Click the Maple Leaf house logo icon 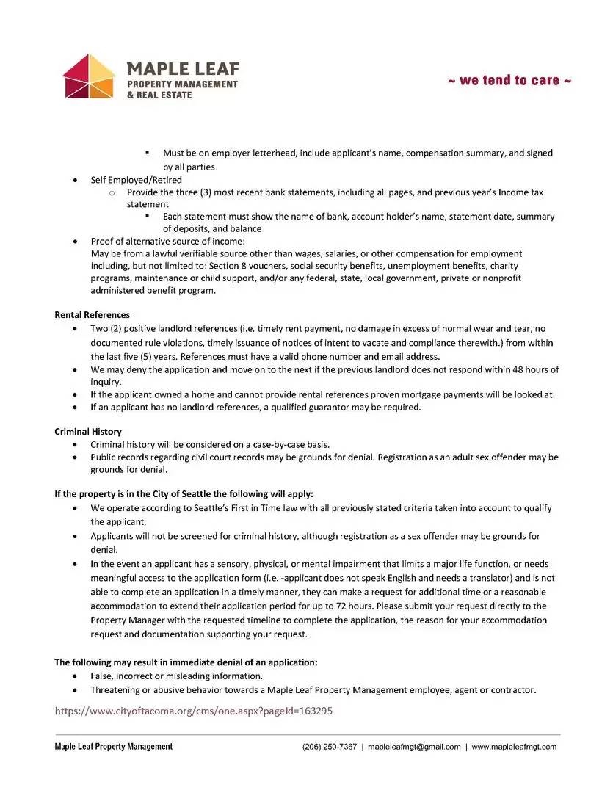(89, 76)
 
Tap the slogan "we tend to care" (509, 80)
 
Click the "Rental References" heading (92, 315)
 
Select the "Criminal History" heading (88, 432)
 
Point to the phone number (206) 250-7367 (330, 747)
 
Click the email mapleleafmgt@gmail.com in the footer (414, 747)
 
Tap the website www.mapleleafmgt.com (514, 747)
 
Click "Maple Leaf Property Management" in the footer (114, 747)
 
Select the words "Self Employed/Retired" (136, 180)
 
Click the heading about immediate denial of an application (186, 662)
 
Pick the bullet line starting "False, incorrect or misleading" (176, 676)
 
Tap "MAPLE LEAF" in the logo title (183, 69)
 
